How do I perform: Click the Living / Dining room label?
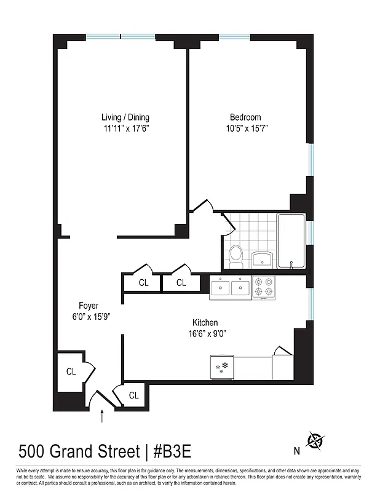coord(125,117)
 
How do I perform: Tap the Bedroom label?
coord(245,117)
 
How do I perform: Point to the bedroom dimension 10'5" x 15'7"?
coord(245,129)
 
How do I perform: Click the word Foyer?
coord(88,306)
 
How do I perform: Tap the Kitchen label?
coord(205,323)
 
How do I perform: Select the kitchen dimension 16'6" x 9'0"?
coord(205,334)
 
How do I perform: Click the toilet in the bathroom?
coord(236,255)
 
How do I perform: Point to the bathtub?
coord(291,240)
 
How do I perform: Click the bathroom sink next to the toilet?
coord(263,258)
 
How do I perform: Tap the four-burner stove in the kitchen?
coord(264,287)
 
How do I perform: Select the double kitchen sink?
coord(231,287)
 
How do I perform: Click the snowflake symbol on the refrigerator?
coord(222,368)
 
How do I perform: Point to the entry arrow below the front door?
coord(102,418)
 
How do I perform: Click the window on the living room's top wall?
coord(121,36)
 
